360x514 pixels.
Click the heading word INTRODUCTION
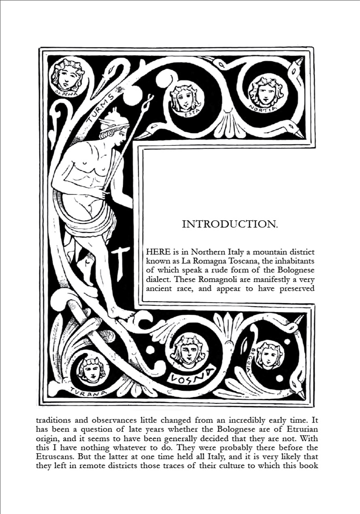(x=230, y=224)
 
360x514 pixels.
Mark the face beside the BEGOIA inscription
(x=269, y=356)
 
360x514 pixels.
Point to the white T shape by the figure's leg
(x=120, y=264)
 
